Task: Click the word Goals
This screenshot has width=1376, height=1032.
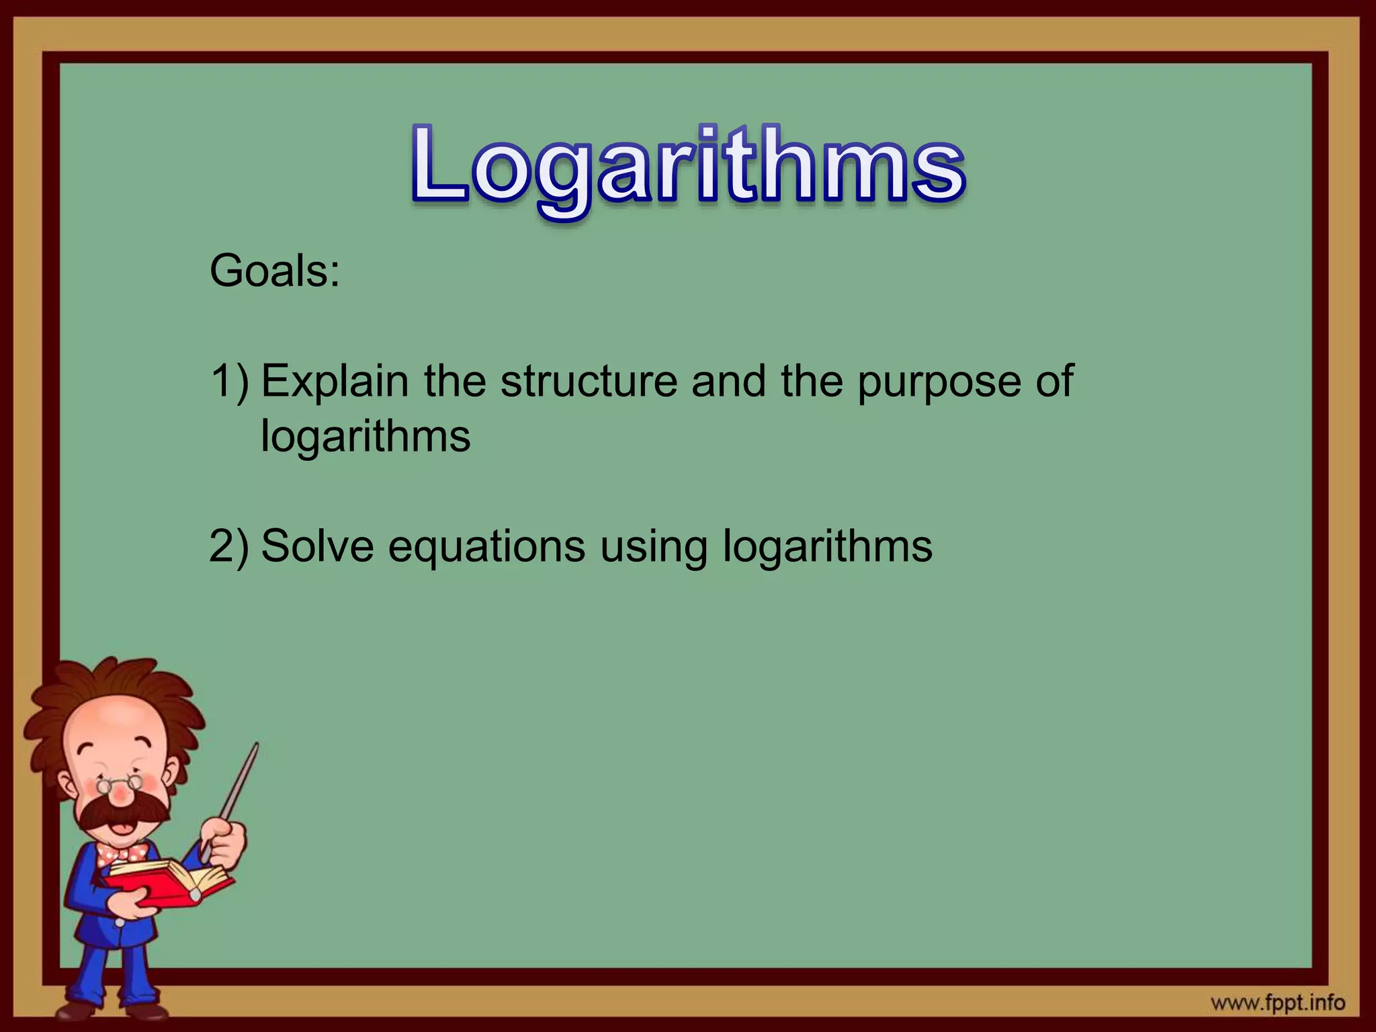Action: point(274,271)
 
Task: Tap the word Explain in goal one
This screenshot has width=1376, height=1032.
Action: point(335,382)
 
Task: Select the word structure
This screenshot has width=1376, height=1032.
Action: point(589,382)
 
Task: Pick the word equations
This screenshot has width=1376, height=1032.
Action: point(486,547)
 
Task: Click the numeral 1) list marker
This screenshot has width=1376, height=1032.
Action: point(229,382)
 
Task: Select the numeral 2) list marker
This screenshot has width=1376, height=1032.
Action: point(229,546)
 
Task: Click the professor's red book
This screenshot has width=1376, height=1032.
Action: point(168,884)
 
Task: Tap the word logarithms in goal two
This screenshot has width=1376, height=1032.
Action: point(827,547)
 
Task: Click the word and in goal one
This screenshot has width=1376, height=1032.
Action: point(728,382)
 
